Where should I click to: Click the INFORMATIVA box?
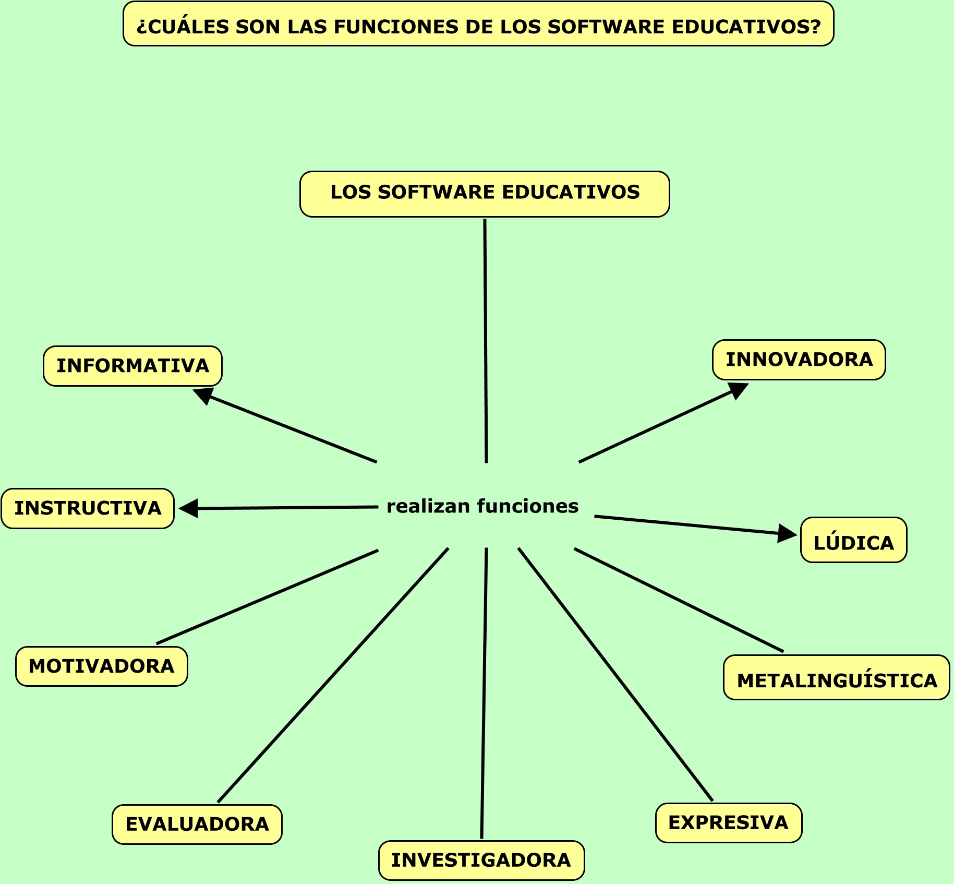point(132,366)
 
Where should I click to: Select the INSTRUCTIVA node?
point(88,508)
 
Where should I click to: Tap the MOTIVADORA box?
point(101,666)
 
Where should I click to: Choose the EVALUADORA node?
point(197,824)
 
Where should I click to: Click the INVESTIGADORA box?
point(481,860)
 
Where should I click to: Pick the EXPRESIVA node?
point(728,822)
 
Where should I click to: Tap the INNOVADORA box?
point(799,360)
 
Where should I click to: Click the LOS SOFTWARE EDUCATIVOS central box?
point(485,193)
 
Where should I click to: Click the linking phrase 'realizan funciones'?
point(482,506)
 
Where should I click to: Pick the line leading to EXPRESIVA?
point(615,674)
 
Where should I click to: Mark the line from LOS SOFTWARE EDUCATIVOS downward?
point(486,339)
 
